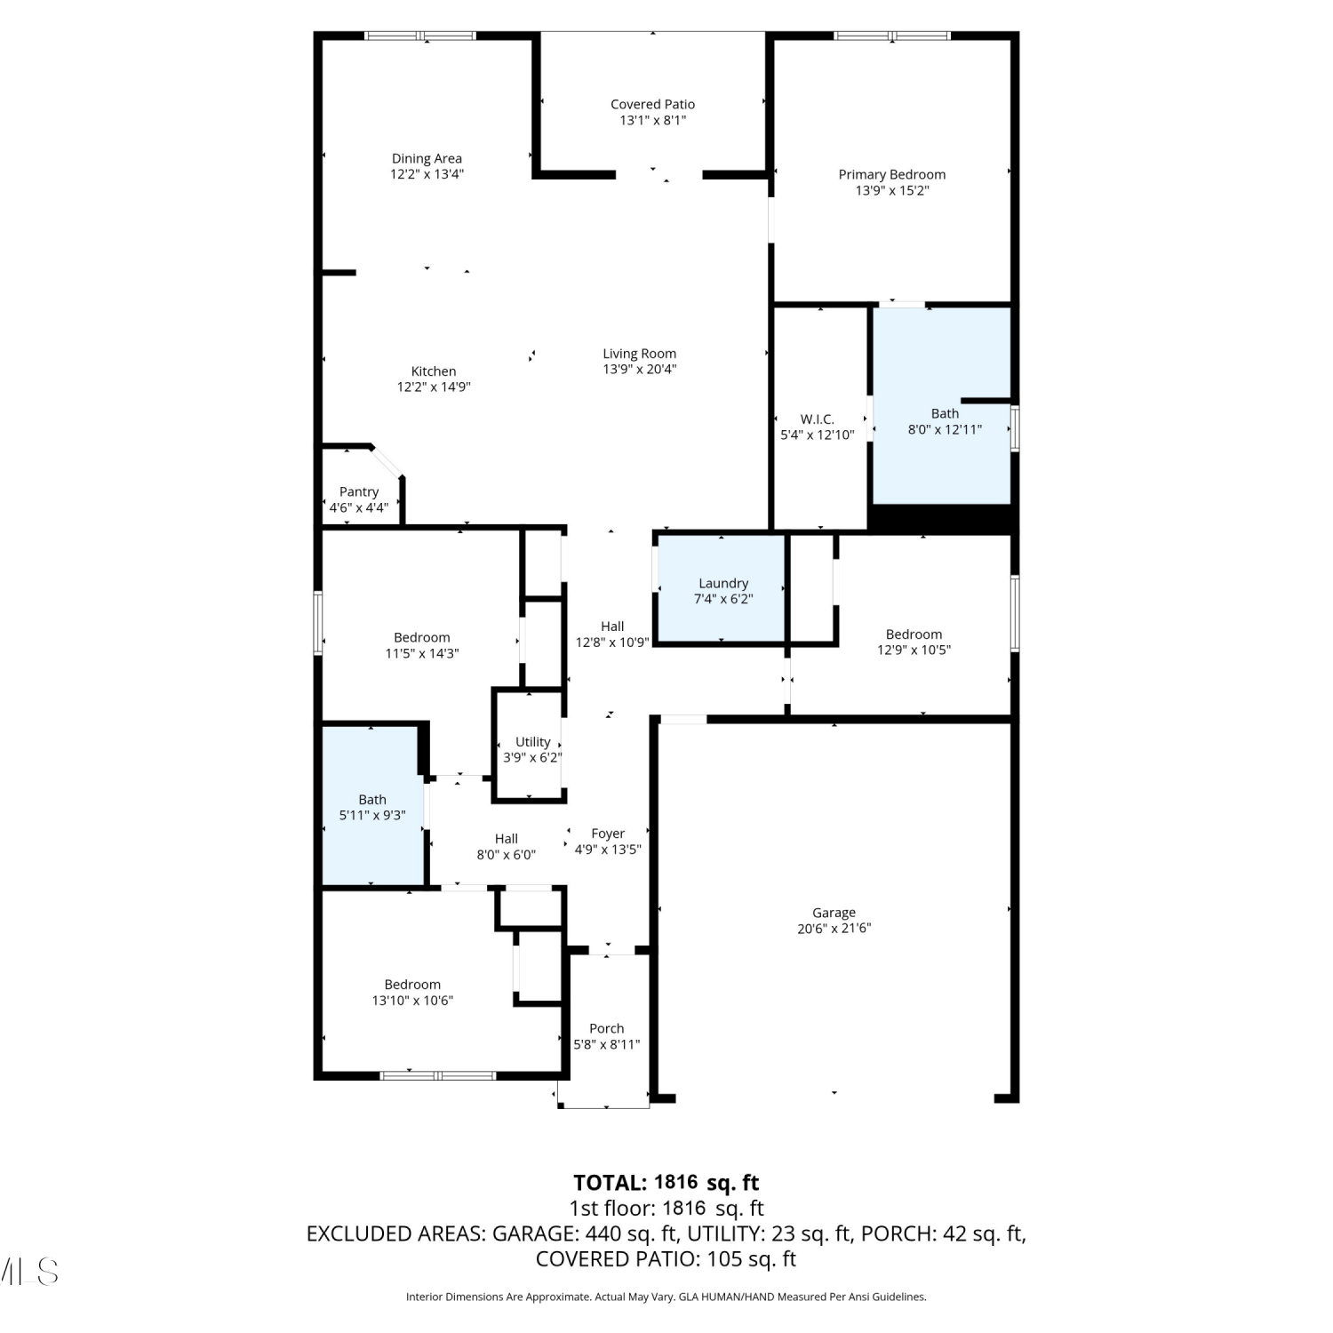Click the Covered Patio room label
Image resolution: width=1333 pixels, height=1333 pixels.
(652, 105)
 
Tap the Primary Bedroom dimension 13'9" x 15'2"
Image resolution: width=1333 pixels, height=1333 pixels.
(892, 190)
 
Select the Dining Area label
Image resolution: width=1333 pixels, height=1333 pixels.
(427, 159)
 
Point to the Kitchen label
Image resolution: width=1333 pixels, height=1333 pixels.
(434, 371)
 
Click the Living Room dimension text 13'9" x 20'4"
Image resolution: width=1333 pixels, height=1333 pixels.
(640, 369)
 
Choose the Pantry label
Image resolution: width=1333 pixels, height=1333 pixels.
(359, 492)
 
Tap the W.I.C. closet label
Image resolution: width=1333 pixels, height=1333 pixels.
(818, 419)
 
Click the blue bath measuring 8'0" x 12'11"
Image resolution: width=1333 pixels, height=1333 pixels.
(942, 406)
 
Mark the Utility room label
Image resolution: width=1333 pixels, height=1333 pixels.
(533, 742)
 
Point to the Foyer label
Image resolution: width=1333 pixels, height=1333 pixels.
(608, 834)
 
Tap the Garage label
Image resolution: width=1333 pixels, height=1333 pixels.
(834, 913)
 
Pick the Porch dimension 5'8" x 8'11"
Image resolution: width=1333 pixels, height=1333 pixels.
(607, 1044)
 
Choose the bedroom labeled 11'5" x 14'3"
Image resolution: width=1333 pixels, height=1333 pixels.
(422, 645)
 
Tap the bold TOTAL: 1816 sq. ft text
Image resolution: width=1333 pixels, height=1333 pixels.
(666, 1183)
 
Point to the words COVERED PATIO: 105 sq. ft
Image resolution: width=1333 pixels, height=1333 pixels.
(666, 1259)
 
